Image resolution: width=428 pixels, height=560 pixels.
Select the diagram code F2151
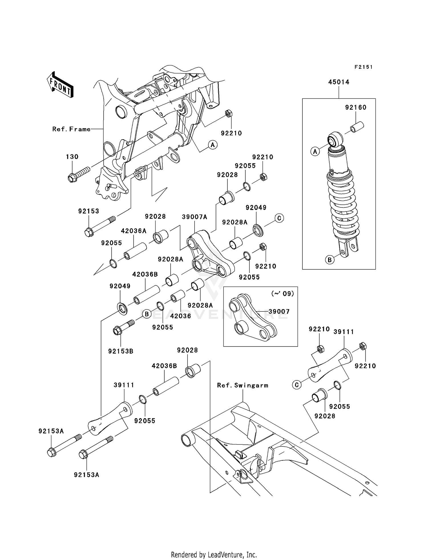364,67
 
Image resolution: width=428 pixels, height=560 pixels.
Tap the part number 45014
339,82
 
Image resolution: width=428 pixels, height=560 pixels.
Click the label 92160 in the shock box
356,108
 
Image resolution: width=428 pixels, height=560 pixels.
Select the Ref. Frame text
71,129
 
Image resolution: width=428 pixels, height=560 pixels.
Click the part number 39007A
194,217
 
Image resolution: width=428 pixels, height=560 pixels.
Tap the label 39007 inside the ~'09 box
279,312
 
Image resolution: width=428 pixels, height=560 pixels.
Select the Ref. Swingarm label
243,385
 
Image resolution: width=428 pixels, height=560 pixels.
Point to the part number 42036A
134,231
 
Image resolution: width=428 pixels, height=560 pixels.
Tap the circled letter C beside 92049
279,218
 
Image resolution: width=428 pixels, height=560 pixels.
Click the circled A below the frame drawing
212,145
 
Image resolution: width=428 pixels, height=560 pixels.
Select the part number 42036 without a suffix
180,316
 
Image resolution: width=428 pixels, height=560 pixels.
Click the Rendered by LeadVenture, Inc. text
214,555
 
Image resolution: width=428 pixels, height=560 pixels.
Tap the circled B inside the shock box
330,260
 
